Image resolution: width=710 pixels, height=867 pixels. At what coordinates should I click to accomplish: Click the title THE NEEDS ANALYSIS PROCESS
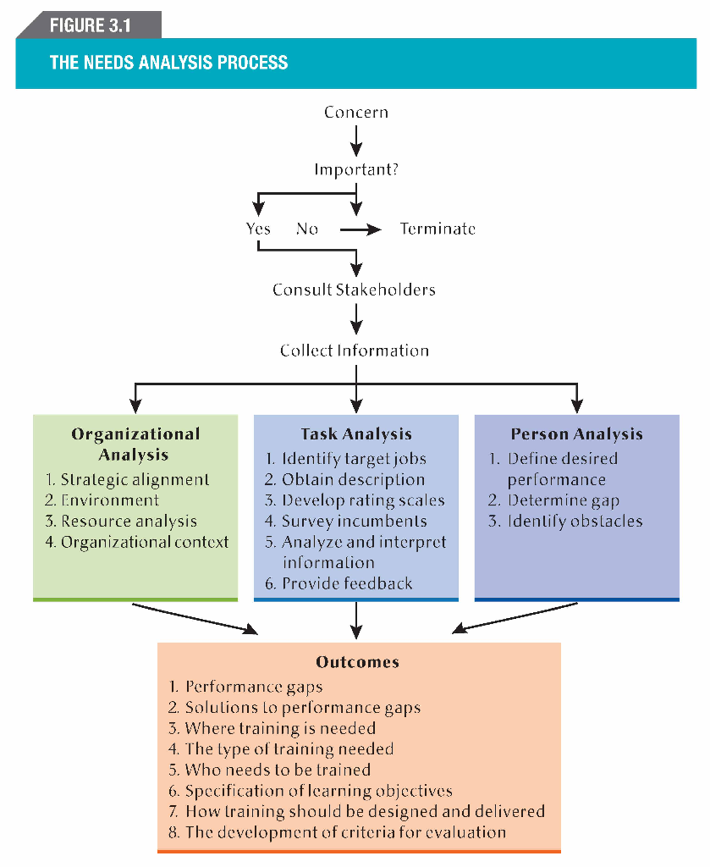[x=168, y=63]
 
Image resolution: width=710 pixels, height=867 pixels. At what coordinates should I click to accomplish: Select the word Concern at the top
[x=356, y=113]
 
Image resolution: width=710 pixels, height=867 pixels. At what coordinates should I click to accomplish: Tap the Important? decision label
[x=356, y=169]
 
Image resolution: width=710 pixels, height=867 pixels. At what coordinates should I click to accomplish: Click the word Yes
[x=258, y=229]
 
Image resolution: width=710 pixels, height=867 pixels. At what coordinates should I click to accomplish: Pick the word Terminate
[x=438, y=229]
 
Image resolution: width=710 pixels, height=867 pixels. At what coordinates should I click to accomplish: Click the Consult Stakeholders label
[x=354, y=290]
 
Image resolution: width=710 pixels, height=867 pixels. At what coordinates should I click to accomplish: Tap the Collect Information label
[x=355, y=351]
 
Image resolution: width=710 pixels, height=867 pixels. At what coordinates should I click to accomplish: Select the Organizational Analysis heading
[x=135, y=444]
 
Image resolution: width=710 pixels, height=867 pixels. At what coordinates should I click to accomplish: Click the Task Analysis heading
[x=356, y=434]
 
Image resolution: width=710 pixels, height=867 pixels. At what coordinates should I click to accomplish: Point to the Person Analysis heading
[x=576, y=434]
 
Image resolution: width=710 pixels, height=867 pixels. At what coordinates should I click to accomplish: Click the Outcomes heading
[x=357, y=662]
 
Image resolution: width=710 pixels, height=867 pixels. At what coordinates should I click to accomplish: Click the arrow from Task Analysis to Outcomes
[x=356, y=620]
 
